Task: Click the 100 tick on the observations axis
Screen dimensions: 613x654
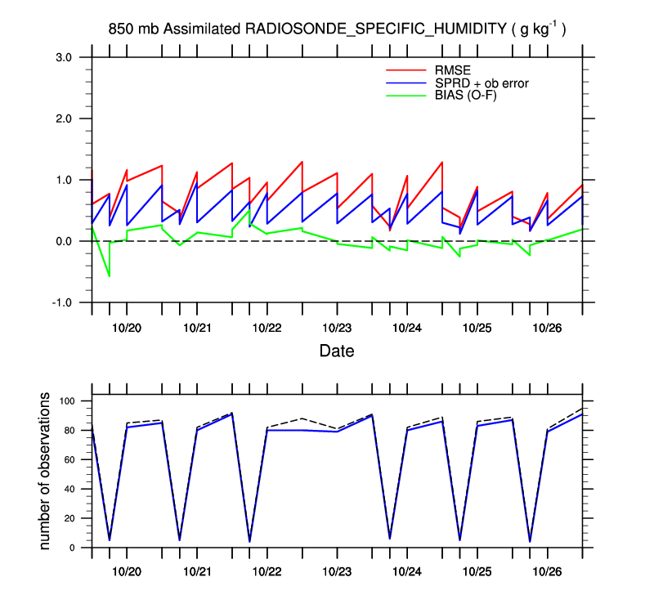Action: point(66,401)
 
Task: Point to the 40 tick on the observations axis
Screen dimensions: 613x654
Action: point(69,489)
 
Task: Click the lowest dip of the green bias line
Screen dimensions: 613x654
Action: point(110,276)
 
